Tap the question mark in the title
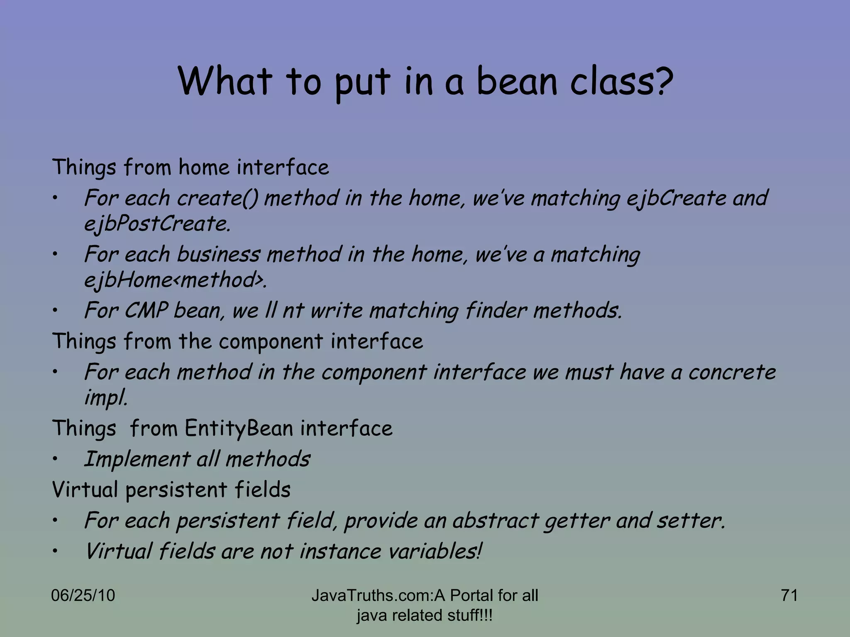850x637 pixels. (x=659, y=81)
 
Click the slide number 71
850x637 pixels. (x=789, y=596)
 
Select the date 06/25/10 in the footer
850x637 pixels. (x=83, y=596)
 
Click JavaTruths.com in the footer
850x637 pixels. (x=371, y=596)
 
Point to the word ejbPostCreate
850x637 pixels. (x=157, y=224)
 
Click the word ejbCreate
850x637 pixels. (x=677, y=198)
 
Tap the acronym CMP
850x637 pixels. (x=146, y=311)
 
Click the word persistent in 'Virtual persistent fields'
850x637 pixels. (x=176, y=490)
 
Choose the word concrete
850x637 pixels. (x=732, y=372)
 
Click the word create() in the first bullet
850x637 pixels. (x=217, y=198)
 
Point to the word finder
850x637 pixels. (x=496, y=311)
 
